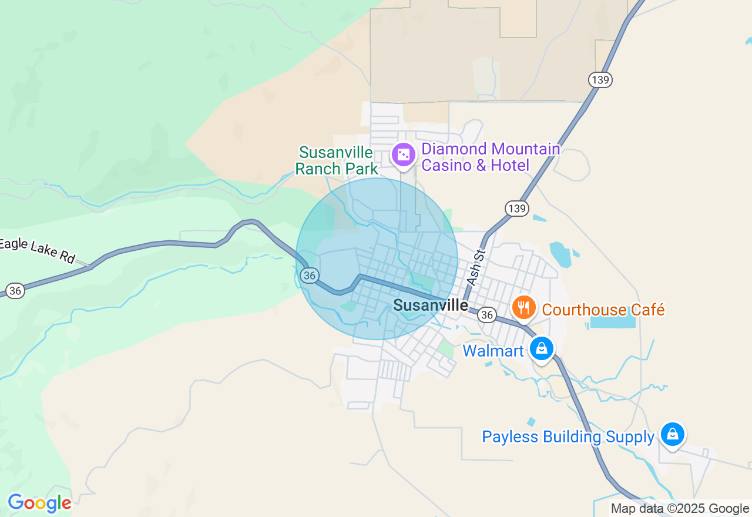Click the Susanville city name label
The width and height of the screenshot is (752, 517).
[x=431, y=305]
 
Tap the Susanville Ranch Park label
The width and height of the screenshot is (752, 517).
[x=336, y=161]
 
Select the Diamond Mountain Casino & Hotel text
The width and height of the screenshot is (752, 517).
[x=491, y=157]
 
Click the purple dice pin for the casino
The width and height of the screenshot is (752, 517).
[x=404, y=155]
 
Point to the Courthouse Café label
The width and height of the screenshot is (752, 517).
[x=603, y=310]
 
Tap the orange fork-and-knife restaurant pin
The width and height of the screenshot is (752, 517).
[x=523, y=307]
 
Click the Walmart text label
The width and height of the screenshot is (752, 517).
[x=492, y=351]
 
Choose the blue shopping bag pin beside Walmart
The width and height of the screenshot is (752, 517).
[x=542, y=348]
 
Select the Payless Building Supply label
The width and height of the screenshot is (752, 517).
[x=568, y=437]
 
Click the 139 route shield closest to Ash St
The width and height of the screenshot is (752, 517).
[x=517, y=209]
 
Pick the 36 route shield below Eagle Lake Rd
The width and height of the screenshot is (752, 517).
[x=16, y=290]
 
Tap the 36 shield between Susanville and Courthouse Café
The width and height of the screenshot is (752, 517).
[x=486, y=315]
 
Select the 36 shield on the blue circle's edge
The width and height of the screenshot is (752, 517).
[x=310, y=275]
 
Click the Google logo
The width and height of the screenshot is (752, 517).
[x=39, y=503]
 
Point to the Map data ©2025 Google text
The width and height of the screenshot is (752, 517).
[x=680, y=509]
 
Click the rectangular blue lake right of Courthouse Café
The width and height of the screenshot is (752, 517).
[x=613, y=321]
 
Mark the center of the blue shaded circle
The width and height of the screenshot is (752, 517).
[x=377, y=259]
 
